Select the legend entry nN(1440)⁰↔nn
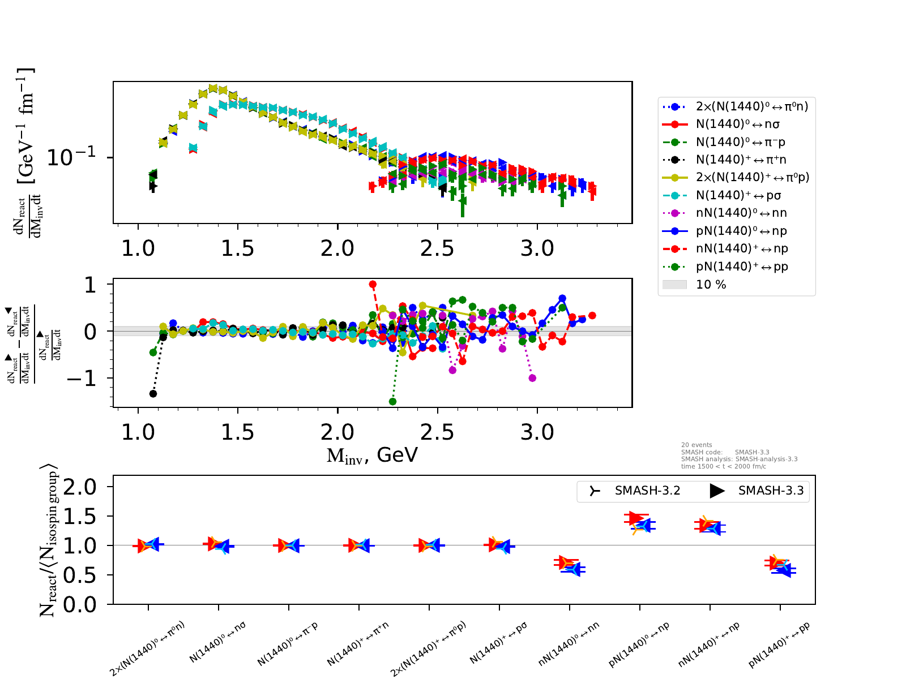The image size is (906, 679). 741,213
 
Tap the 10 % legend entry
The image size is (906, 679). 711,285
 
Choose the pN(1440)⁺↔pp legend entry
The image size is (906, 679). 742,267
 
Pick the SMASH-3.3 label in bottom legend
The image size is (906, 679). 771,491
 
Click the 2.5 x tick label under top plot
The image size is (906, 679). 437,248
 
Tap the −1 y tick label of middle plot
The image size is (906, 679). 82,379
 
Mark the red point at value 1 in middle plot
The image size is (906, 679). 372,285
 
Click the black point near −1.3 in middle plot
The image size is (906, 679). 153,393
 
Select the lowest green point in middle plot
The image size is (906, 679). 392,402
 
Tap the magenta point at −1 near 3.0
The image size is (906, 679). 532,378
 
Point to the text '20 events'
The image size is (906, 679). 696,445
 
